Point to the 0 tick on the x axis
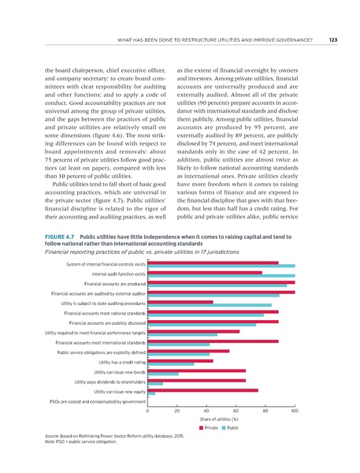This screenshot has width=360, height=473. click(x=148, y=411)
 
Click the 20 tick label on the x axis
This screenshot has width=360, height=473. click(x=177, y=411)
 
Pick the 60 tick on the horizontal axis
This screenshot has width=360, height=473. click(x=236, y=411)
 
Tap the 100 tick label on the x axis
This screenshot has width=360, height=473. click(x=294, y=411)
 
